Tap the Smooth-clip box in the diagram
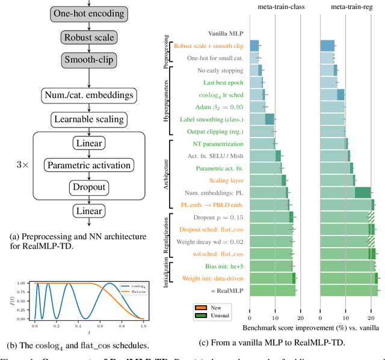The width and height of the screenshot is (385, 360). [88, 61]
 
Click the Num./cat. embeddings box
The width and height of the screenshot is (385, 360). [88, 94]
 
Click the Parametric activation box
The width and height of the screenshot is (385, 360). [88, 165]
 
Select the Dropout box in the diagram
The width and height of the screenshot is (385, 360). [89, 188]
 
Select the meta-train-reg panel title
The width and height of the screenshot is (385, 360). [355, 7]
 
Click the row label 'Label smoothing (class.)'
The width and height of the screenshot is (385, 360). [211, 119]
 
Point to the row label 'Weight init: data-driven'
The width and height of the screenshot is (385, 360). [211, 278]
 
